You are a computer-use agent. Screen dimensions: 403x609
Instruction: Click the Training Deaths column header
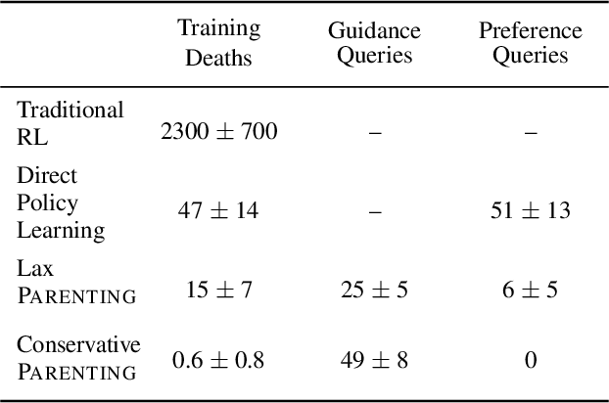tap(219, 42)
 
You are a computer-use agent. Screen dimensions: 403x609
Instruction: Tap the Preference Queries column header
tap(530, 42)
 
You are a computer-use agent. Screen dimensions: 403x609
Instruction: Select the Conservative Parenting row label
tap(78, 357)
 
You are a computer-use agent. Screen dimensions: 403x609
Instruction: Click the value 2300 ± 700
tap(219, 131)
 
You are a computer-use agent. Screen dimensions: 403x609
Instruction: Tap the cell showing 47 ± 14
tap(219, 208)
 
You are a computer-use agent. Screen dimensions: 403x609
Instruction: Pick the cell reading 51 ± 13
tap(530, 208)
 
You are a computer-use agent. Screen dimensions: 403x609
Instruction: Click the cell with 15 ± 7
tap(219, 288)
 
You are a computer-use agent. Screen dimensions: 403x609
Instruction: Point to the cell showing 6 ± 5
tap(530, 288)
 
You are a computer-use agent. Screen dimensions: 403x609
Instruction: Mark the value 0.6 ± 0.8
tap(219, 360)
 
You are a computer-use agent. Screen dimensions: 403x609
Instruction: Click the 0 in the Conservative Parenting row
tap(530, 360)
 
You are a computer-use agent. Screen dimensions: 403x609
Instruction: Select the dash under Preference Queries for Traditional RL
tap(530, 131)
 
